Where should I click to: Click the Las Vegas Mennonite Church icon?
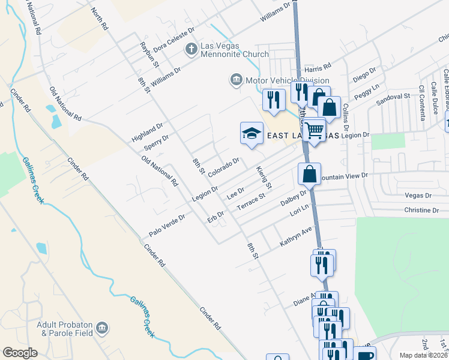[x=191, y=49]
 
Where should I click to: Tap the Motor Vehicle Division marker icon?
[x=236, y=80]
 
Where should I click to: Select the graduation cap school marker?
[x=252, y=134]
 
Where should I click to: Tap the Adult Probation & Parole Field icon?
[x=102, y=328]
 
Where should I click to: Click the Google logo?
[x=20, y=353]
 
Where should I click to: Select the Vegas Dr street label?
[x=418, y=196]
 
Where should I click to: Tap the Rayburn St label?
[x=149, y=54]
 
